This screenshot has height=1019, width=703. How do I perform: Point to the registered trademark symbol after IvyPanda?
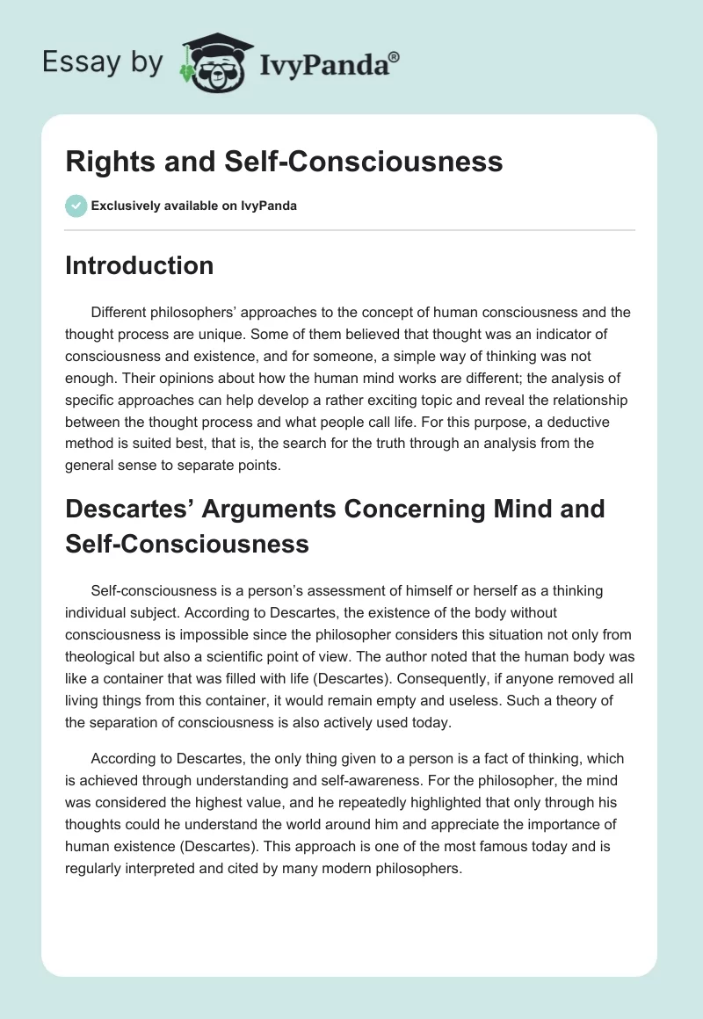pos(395,55)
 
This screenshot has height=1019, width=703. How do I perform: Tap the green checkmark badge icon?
pos(76,206)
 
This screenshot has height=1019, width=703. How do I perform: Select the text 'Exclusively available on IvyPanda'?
pos(194,206)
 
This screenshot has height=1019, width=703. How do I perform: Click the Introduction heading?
pos(139,265)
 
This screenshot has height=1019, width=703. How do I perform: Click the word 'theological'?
pos(109,655)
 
